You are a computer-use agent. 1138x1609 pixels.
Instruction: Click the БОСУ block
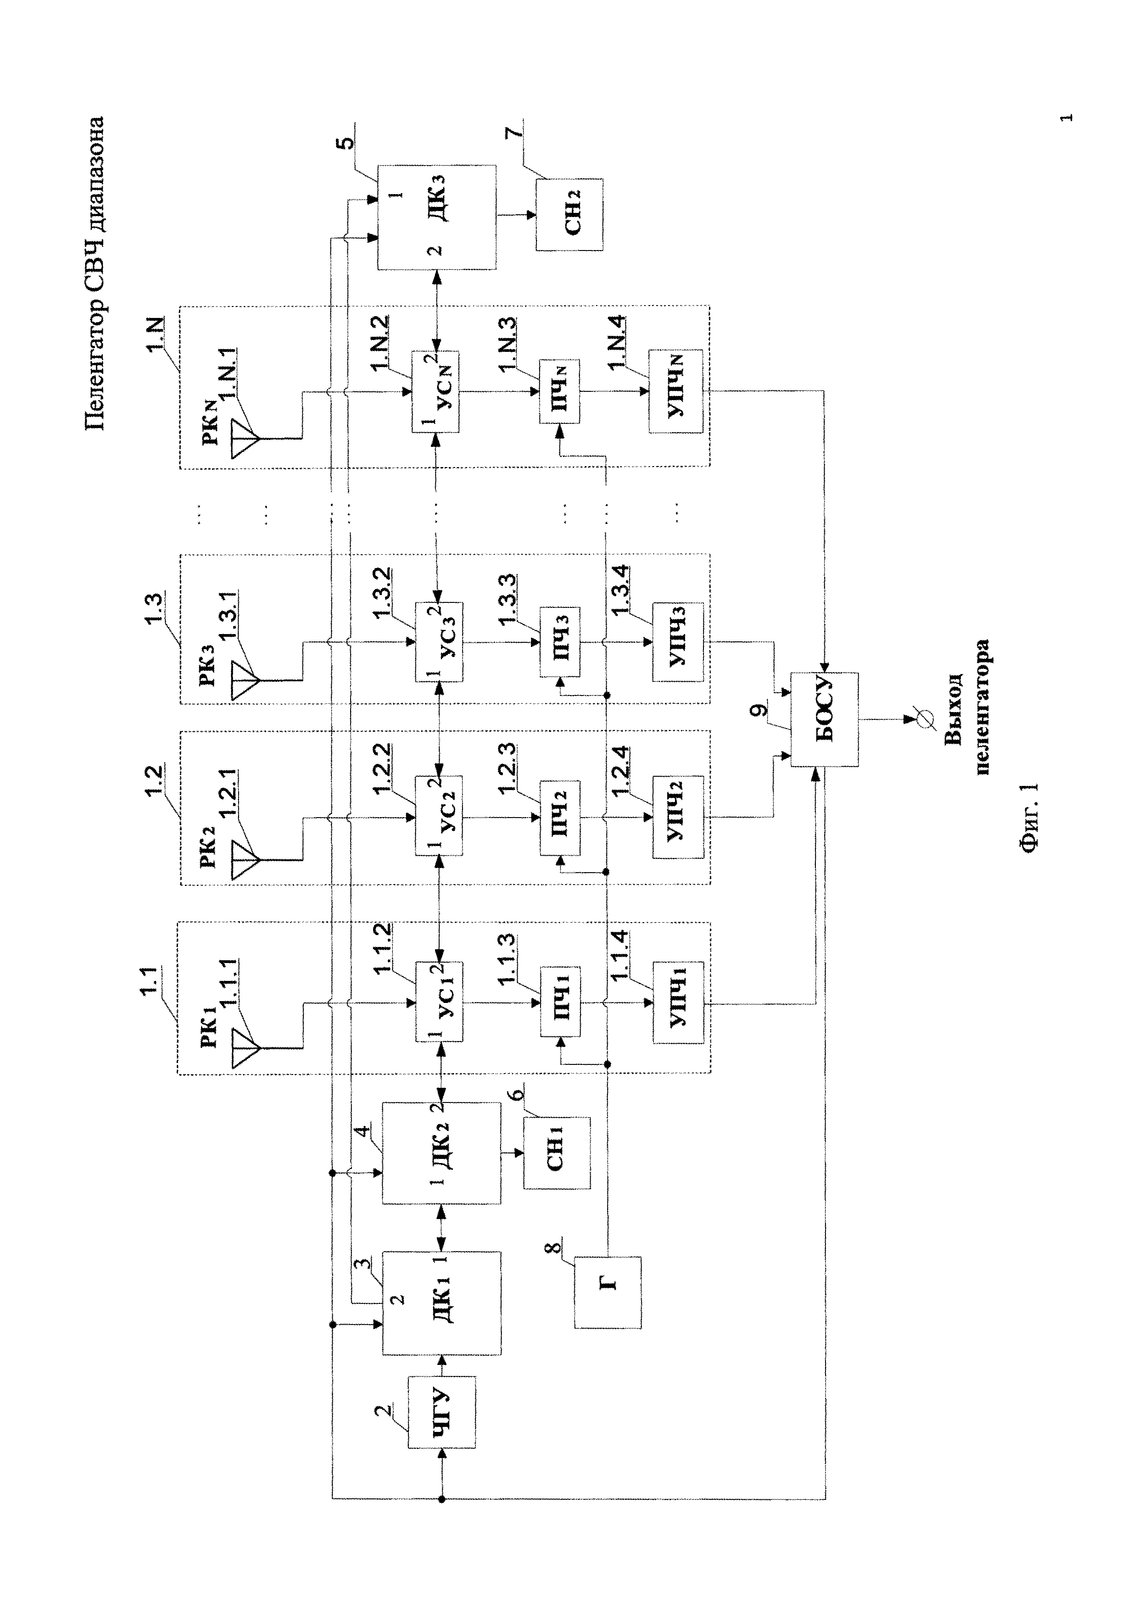pyautogui.click(x=825, y=720)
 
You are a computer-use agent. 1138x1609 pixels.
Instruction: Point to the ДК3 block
pyautogui.click(x=436, y=217)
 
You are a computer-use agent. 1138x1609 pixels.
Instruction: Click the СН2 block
pyautogui.click(x=569, y=214)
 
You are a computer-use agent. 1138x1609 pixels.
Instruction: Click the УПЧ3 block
pyautogui.click(x=678, y=642)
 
